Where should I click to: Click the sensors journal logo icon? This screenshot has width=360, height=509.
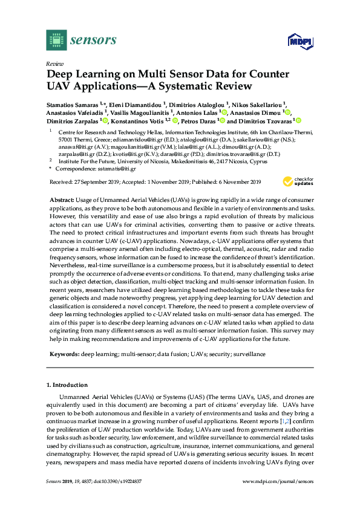[55, 41]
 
